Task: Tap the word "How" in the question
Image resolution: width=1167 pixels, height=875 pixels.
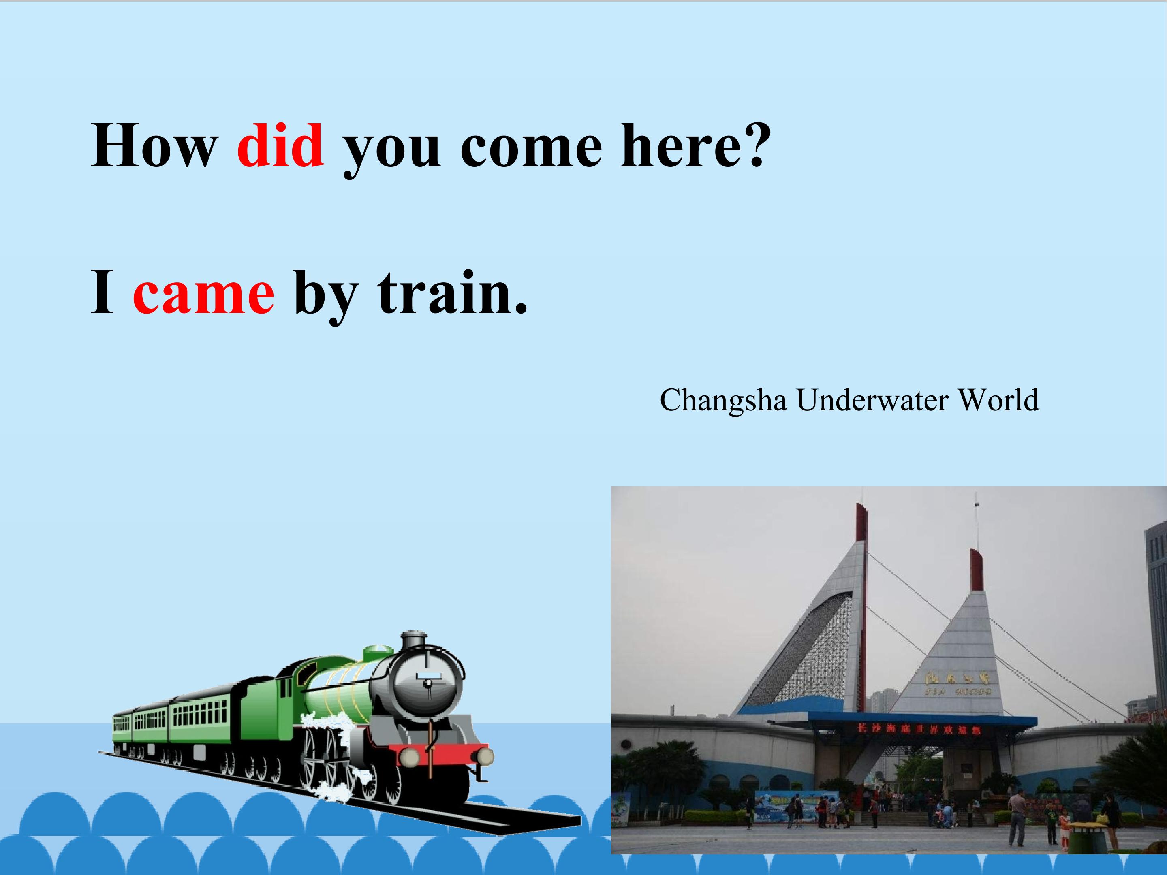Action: coord(154,145)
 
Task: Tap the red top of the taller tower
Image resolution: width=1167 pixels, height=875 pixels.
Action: coord(861,522)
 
